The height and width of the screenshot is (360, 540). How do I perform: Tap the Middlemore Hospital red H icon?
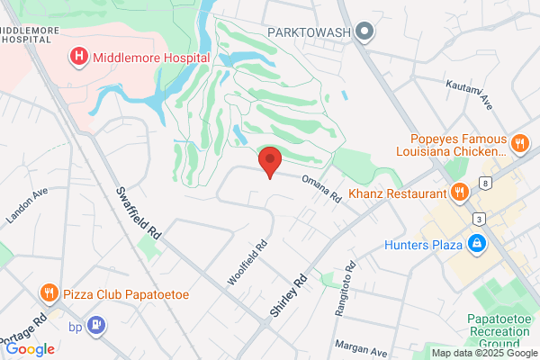click(79, 57)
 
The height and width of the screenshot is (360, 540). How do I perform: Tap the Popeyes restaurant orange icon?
click(518, 142)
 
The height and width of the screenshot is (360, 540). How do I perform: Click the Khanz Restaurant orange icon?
click(459, 192)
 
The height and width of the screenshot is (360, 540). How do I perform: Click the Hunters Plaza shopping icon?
click(476, 242)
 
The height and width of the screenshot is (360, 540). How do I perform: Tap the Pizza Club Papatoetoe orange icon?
click(48, 292)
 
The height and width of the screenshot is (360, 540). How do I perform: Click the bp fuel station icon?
click(97, 325)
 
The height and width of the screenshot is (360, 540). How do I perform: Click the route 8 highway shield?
click(486, 184)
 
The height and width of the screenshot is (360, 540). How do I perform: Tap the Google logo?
click(30, 348)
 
